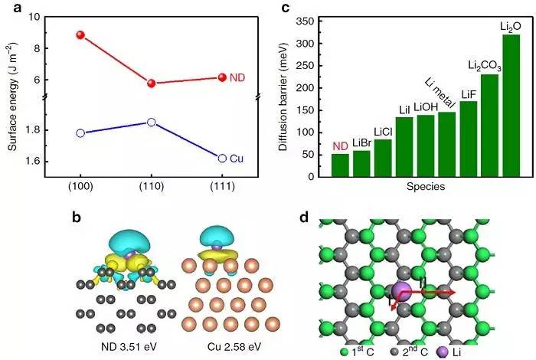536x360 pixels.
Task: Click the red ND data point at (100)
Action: (81, 35)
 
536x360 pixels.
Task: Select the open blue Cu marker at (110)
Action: (152, 122)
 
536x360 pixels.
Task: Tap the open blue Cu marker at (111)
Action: (222, 158)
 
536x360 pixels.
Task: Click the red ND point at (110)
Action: (152, 83)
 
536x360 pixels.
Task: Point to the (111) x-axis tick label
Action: (222, 188)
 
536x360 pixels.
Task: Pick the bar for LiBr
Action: (361, 163)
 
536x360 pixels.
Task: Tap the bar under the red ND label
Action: (340, 165)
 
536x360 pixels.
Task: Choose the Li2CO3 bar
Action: (489, 126)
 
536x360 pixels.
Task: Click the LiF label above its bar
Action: (468, 94)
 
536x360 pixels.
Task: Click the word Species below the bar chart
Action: (426, 186)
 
